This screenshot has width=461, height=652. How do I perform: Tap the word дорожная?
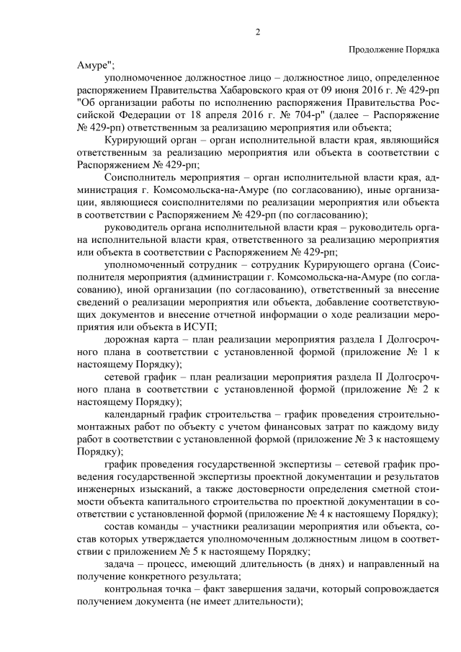tap(125, 341)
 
